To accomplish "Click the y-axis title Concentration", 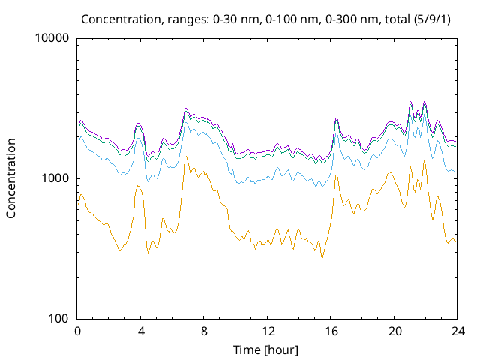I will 11,178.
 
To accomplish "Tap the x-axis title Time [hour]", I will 267,349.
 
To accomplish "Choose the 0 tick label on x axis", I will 77,331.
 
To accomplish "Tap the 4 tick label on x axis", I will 141,331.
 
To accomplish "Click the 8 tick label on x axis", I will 204,331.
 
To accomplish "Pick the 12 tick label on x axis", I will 267,331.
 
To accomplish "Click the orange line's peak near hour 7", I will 185,157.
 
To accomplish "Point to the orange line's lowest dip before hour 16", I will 322,259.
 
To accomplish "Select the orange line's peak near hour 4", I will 139,186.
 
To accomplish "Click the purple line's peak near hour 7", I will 186,109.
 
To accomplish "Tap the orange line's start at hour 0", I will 78,202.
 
